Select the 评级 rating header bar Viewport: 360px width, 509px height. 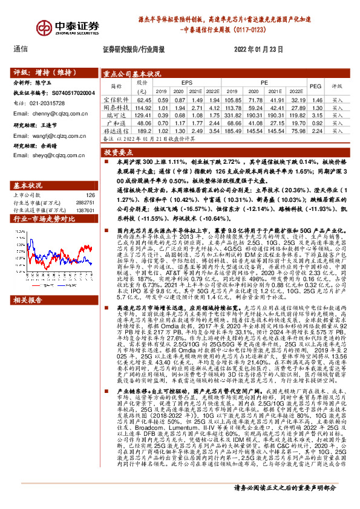click(52, 70)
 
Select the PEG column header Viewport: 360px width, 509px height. click(315, 86)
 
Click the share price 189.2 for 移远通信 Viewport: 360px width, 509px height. click(143, 129)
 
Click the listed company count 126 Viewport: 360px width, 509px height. click(90, 195)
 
